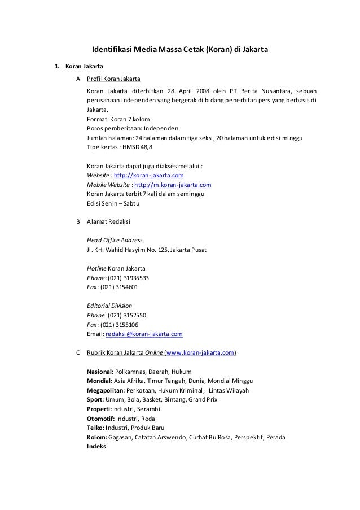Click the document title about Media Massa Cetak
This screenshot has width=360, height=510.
click(179, 50)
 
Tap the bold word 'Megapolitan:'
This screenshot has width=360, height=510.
click(106, 390)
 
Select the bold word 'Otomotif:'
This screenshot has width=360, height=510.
click(101, 419)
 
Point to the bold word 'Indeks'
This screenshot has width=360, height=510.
click(96, 447)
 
